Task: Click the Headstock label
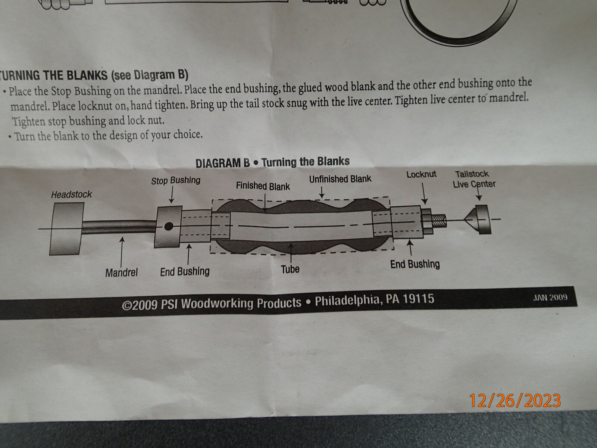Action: coord(71,195)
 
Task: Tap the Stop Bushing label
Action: coord(176,181)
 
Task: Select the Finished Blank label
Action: coord(263,186)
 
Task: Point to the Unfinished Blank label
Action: coord(340,179)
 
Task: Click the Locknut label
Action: coord(421,174)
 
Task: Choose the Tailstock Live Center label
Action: coord(474,179)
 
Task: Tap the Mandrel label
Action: coord(122,273)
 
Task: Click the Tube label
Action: coord(290,269)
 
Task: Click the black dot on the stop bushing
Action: coord(169,226)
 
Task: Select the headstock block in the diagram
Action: coord(66,229)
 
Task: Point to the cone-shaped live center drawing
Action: coord(478,219)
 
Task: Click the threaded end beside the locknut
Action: coord(439,221)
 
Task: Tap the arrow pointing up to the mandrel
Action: coord(122,252)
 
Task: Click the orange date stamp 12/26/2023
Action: coord(515,400)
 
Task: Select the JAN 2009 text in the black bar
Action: coord(550,298)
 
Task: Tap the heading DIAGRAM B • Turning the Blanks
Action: coord(272,162)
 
